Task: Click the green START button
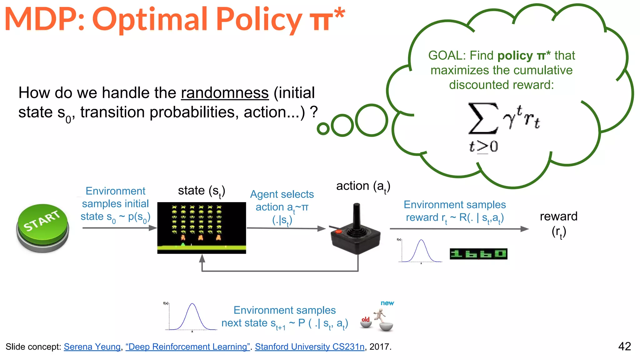42,226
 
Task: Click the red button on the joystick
338,232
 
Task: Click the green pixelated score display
478,254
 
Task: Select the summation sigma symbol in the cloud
482,118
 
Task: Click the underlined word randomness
225,93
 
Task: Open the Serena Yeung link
92,347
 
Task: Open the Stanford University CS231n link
309,347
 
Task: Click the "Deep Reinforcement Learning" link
187,347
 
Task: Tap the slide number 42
624,346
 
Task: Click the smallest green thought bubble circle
323,128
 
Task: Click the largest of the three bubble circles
371,120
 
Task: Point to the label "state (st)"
202,191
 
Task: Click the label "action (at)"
363,186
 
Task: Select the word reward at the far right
558,216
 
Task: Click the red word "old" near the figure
365,319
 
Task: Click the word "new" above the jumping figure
387,303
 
